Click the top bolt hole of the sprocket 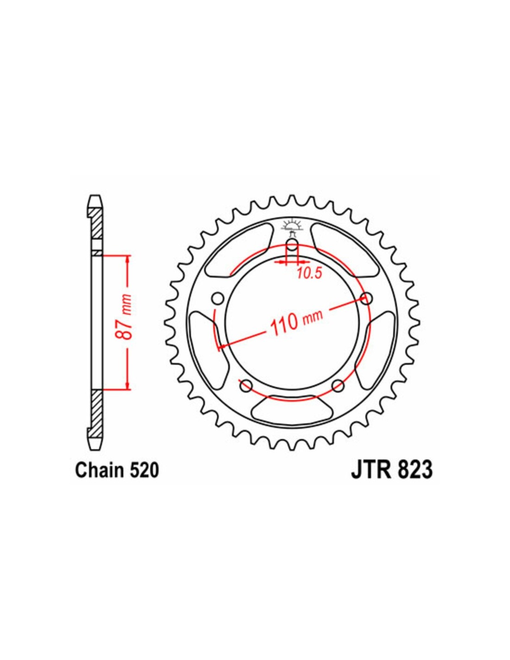[x=292, y=246]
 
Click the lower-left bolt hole [x=246, y=385]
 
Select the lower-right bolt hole [x=338, y=385]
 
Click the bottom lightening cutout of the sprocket [x=292, y=409]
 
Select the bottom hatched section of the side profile [x=96, y=411]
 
